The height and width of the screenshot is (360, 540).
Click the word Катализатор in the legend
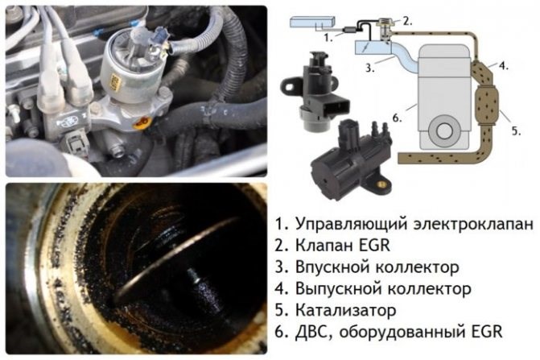coord(345,310)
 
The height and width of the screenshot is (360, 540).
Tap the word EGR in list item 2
coord(373,246)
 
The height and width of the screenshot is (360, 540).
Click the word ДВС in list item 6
coord(311,333)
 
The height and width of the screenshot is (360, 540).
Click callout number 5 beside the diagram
coord(516,131)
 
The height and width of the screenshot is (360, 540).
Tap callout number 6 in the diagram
coord(397,118)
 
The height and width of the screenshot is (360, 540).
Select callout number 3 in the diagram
coord(369,68)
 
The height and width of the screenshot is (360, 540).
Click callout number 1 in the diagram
coord(328,37)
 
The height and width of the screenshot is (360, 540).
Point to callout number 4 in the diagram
coord(504,65)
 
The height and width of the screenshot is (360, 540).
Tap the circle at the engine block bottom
coord(444,130)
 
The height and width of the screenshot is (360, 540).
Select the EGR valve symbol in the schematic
coord(385,30)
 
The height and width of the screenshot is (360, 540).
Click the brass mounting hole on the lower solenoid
coord(381,184)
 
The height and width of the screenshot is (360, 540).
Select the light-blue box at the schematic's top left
coord(312,23)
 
